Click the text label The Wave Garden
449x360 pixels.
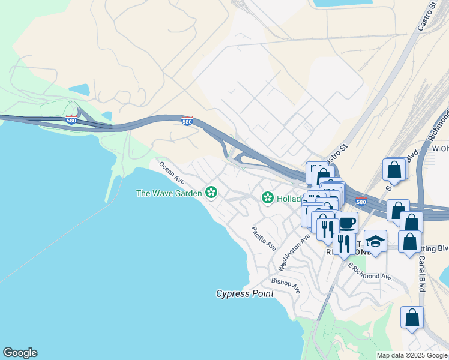[x=169, y=193]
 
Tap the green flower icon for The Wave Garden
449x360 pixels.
[x=211, y=193]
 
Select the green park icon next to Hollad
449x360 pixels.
[x=267, y=197]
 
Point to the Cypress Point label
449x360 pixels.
[x=245, y=293]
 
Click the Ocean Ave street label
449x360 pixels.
[x=171, y=172]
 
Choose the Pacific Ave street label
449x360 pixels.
[x=264, y=238]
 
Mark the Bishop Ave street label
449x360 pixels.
[x=286, y=285]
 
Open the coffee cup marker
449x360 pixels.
[x=346, y=223]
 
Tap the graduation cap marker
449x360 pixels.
[x=375, y=241]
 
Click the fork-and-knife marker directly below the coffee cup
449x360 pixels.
[x=343, y=243]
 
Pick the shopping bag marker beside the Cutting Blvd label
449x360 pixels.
[x=409, y=241]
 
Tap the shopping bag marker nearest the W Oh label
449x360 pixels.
[x=394, y=170]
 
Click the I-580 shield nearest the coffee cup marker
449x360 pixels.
[x=361, y=202]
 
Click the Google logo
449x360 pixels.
[x=20, y=353]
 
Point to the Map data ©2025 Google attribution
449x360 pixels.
[x=412, y=355]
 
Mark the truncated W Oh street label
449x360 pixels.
[x=440, y=148]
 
